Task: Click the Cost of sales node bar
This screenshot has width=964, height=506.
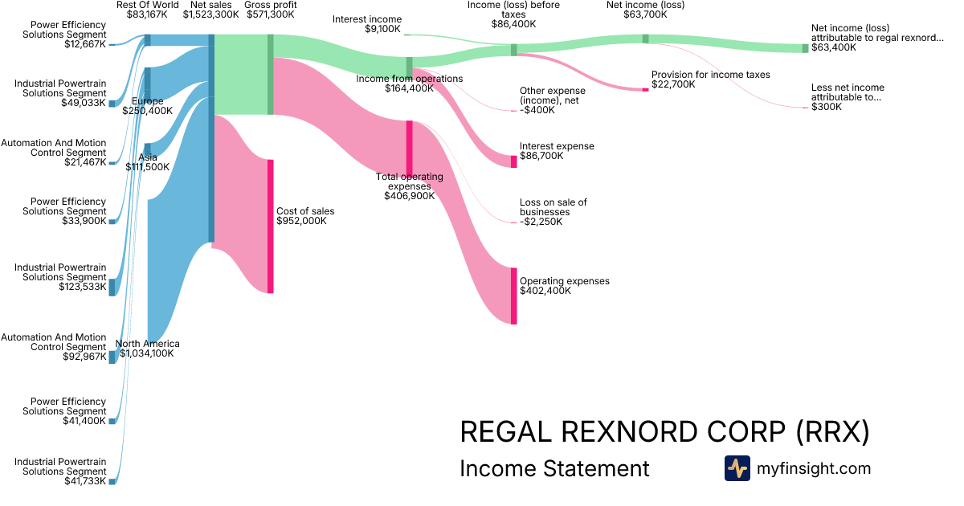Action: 271,226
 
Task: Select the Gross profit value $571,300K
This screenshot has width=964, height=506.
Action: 271,14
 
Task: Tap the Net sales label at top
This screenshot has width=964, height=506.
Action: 210,5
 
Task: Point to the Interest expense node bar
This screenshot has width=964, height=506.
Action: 514,161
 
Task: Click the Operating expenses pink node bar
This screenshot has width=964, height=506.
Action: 514,296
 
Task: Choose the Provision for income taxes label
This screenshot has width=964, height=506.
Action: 710,75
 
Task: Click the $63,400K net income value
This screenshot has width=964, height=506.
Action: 834,47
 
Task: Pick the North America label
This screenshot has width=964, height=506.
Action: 148,344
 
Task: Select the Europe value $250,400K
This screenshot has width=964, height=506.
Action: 148,112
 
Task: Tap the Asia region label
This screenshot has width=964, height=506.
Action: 148,157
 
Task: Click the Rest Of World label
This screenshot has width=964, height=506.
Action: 147,5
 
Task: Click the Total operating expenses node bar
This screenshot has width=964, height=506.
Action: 409,147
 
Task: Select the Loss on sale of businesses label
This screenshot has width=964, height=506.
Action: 553,207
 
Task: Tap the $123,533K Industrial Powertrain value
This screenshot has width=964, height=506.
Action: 84,287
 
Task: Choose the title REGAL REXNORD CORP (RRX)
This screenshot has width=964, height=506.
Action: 664,432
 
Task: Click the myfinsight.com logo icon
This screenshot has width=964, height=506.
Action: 737,468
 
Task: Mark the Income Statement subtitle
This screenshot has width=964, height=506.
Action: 554,468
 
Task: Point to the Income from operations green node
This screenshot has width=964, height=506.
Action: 409,66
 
